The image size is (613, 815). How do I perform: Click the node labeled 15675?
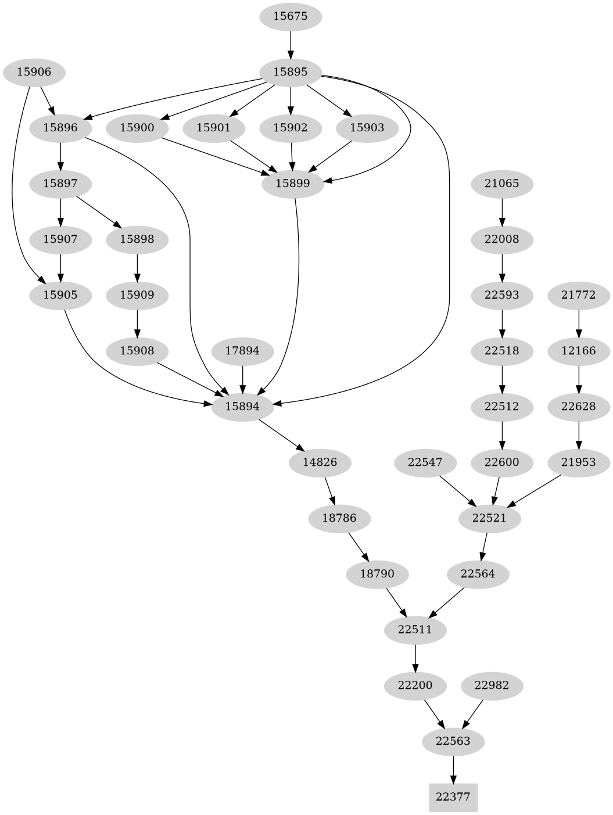point(290,16)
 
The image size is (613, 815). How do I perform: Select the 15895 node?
point(290,72)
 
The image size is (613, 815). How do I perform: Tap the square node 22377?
point(453,797)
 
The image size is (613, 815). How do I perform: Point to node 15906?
point(34,72)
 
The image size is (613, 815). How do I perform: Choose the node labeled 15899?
point(292,184)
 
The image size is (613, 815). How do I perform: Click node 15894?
point(242,407)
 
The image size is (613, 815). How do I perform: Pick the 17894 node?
point(242,351)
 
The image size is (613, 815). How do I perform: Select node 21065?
point(501,184)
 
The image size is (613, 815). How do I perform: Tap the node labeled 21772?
point(579,295)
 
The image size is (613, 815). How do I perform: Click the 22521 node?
point(489,518)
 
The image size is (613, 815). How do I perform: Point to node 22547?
point(425,462)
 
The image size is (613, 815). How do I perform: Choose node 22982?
point(492,685)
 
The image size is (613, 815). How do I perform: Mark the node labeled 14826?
point(320,462)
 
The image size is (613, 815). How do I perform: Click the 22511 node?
point(415,630)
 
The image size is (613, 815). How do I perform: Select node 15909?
point(137,295)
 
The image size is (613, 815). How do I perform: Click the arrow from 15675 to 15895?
point(290,44)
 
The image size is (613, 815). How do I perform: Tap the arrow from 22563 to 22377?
point(453,769)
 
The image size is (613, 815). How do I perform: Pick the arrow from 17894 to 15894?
point(242,379)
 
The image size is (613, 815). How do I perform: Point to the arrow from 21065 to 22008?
point(501,211)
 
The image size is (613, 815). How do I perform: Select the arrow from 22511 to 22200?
point(415,658)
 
